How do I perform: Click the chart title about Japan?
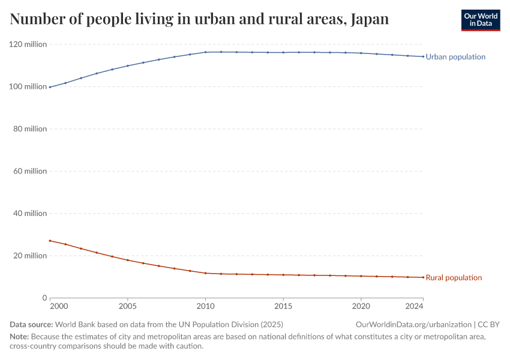coord(199,19)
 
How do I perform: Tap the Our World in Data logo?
coord(480,20)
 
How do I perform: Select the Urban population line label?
coord(455,57)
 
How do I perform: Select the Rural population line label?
coord(454,278)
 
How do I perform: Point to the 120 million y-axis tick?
coord(28,44)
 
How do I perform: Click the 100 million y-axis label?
coord(28,87)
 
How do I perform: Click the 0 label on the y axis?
coord(44,298)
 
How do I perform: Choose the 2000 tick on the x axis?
coord(58,307)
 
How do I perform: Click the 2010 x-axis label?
coord(205,307)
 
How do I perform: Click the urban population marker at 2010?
coord(205,52)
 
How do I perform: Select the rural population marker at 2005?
coord(128,260)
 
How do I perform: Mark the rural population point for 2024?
coord(423,277)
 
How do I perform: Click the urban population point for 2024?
coord(423,56)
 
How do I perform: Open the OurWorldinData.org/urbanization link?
coord(415,325)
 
